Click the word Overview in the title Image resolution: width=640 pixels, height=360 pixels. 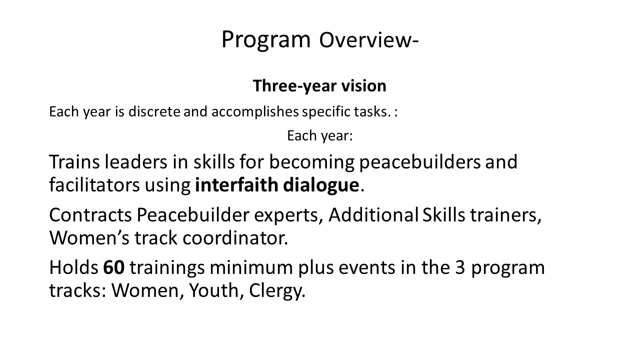366,40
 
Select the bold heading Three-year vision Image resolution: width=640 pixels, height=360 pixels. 319,85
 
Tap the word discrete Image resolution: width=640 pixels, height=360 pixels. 154,111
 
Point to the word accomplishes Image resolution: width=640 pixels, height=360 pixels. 255,112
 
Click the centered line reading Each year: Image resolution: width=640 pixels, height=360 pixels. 320,135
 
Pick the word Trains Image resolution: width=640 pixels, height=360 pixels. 74,162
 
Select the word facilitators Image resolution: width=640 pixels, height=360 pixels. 94,185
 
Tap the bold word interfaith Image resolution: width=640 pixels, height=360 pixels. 236,185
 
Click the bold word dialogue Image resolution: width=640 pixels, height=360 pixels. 321,185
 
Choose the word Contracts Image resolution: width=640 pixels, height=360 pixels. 90,215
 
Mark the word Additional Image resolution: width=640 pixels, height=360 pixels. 373,215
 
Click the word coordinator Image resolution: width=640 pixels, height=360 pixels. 235,238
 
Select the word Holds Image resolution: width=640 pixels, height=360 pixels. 73,267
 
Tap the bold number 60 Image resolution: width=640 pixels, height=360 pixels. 113,268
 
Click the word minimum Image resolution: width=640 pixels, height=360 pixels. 251,267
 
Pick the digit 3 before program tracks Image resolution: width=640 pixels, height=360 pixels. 460,268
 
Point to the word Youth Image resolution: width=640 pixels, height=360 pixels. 214,290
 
